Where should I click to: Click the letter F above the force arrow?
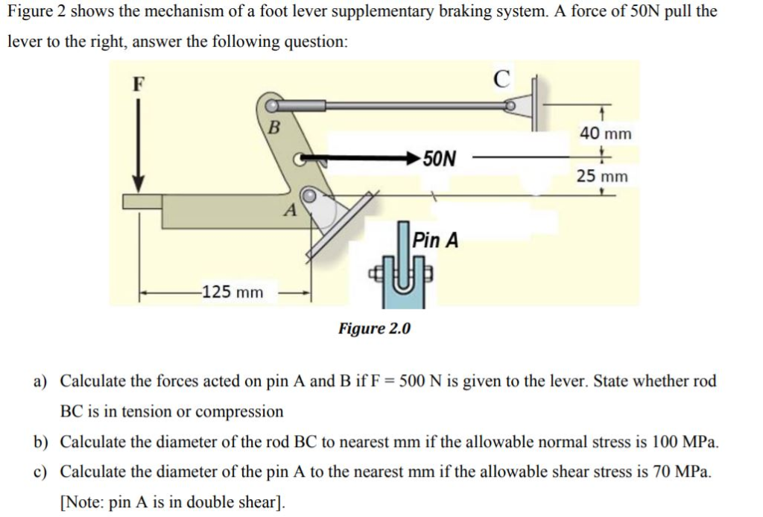137,83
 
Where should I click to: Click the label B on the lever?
273,127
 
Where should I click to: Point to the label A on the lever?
290,211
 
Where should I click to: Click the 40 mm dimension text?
605,133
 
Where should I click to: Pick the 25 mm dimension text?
603,177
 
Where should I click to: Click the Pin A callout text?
436,240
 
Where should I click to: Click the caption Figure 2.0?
374,329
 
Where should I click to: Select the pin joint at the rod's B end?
271,107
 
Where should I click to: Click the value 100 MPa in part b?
686,442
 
